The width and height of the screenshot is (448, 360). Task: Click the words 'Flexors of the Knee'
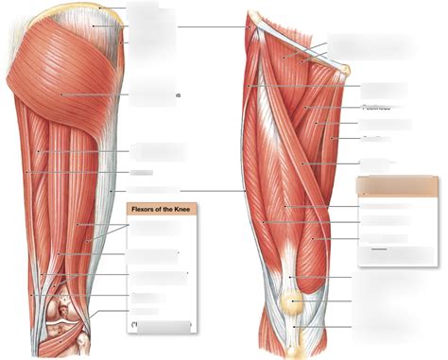pos(155,211)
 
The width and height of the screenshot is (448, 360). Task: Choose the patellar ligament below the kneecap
pos(295,331)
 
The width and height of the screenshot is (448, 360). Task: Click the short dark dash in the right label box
pos(380,249)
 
